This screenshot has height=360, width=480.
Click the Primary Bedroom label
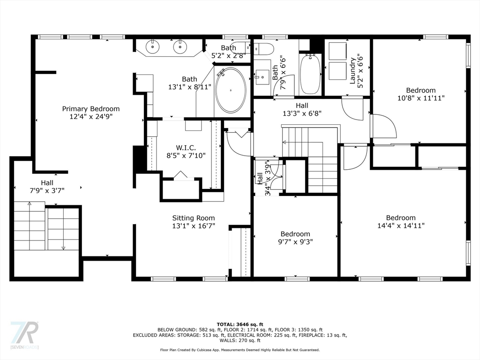(x=90, y=109)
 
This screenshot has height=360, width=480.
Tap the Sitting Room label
(x=194, y=218)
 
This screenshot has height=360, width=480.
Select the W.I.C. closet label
(x=186, y=148)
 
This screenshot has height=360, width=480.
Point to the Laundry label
(x=352, y=71)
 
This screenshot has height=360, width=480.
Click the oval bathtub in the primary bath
(x=231, y=90)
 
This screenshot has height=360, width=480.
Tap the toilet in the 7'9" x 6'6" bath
(x=264, y=48)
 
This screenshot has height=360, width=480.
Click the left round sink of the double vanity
(x=152, y=47)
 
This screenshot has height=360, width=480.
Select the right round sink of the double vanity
(x=180, y=47)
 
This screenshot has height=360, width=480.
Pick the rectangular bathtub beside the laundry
(x=310, y=74)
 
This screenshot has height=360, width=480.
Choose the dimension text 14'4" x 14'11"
(x=401, y=225)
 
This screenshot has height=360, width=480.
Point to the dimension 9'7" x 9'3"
(x=295, y=242)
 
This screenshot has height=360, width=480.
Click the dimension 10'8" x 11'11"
(x=420, y=98)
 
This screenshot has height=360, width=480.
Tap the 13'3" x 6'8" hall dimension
(x=302, y=113)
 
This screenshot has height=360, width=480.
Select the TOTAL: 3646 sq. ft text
(x=240, y=324)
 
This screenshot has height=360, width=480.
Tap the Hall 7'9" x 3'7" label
(x=47, y=187)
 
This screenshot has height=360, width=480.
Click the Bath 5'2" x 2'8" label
(x=229, y=52)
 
